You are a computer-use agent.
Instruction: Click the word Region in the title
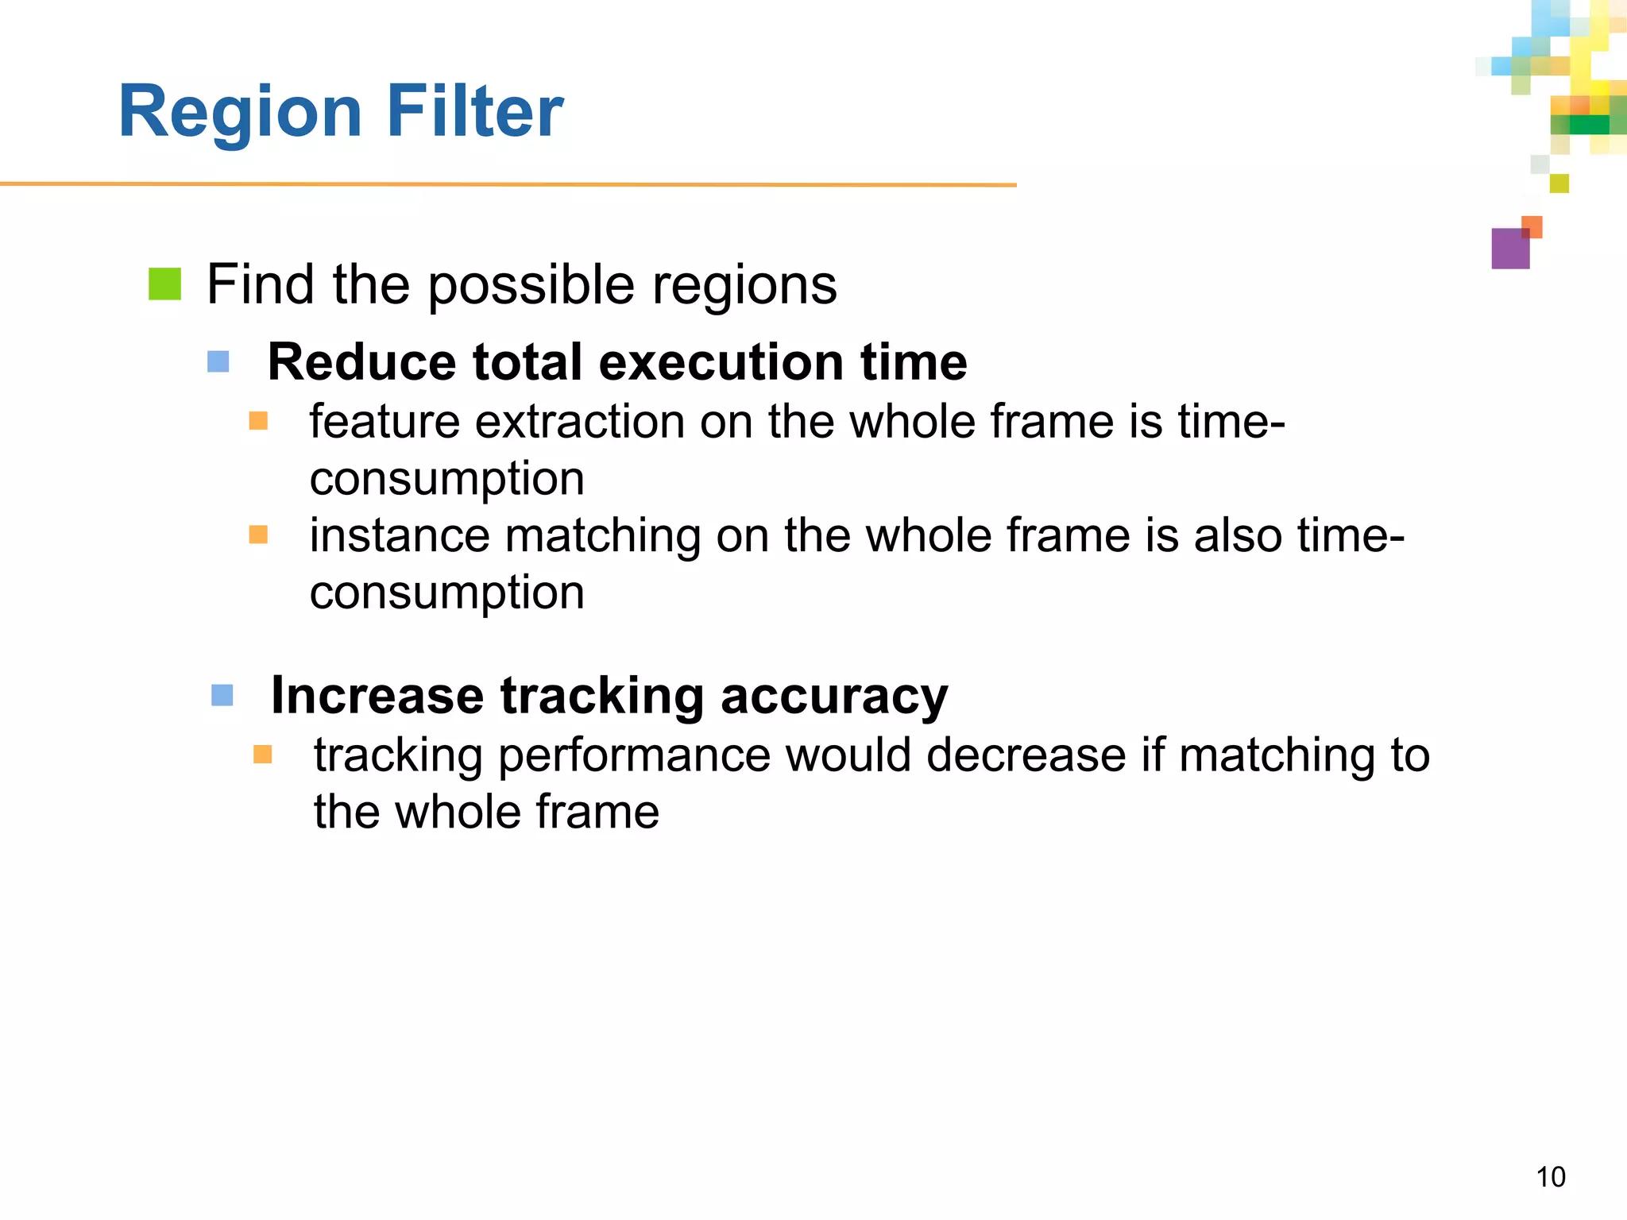coord(240,113)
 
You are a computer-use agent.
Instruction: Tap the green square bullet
coord(165,284)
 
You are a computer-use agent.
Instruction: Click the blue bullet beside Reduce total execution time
coord(218,362)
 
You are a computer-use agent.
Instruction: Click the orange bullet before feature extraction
coord(258,420)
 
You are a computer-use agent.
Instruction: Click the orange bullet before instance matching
coord(258,535)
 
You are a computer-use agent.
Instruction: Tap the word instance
coord(399,535)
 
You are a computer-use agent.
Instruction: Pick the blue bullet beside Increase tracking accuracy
coord(222,696)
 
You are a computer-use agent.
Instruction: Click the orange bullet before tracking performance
coord(263,754)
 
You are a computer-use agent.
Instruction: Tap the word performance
coord(634,756)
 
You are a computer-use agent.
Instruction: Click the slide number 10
coord(1550,1177)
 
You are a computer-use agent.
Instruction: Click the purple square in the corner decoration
coord(1509,249)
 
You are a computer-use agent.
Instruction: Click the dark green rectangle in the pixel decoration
coord(1588,125)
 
